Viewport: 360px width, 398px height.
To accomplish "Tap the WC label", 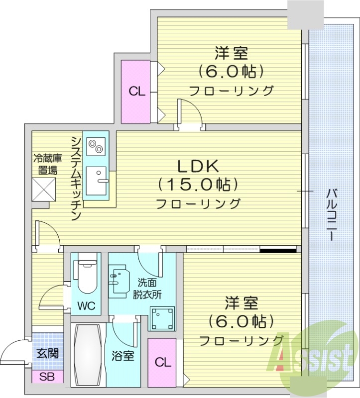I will tap(85, 305).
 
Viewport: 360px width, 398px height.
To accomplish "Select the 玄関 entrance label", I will tap(48, 354).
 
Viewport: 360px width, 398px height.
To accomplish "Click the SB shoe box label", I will tap(48, 377).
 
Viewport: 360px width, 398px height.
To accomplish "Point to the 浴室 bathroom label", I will tap(122, 356).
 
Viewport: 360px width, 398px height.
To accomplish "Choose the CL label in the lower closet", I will tap(162, 363).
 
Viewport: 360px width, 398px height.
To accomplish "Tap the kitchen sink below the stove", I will tap(97, 181).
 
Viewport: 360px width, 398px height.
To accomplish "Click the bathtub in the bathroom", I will tap(89, 354).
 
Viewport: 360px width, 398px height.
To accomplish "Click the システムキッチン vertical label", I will tap(76, 177).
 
